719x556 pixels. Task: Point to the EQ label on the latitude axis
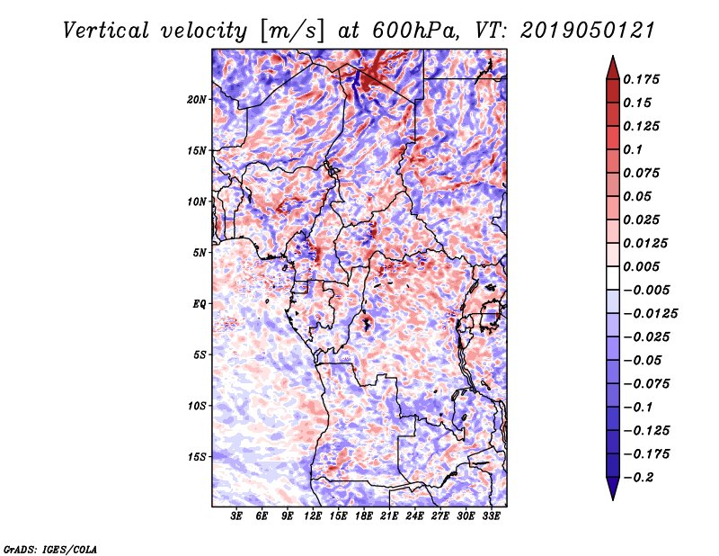click(200, 303)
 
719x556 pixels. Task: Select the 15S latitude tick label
click(197, 456)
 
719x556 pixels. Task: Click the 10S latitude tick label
click(197, 405)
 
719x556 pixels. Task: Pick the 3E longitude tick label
click(237, 516)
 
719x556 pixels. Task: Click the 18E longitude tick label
click(364, 516)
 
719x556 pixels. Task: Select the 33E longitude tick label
click(491, 516)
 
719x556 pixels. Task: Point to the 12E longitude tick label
click(313, 516)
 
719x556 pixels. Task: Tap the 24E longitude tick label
click(414, 516)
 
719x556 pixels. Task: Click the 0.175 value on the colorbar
click(644, 79)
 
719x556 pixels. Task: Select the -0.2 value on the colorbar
click(639, 477)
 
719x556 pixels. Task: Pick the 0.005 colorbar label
click(644, 266)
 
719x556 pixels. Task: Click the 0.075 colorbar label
click(644, 173)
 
